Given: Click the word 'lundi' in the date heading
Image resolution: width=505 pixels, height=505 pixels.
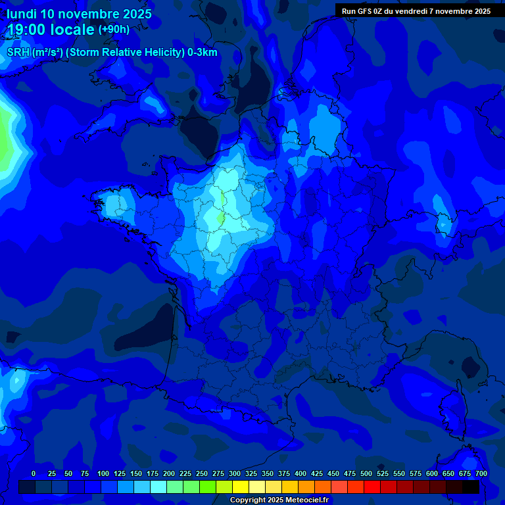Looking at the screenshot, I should click(x=22, y=14).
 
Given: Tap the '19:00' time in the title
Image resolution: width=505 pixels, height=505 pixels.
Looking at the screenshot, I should click(x=26, y=30).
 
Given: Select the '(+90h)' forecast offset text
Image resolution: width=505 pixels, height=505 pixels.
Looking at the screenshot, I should click(x=114, y=30).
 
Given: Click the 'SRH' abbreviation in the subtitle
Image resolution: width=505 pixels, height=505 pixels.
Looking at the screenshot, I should click(x=18, y=53).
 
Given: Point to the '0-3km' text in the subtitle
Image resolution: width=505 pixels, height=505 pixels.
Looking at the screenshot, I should click(x=203, y=53).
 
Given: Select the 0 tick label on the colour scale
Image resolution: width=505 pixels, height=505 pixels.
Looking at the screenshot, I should click(x=34, y=473).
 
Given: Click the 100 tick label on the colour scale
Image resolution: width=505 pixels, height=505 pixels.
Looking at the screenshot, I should click(x=103, y=473).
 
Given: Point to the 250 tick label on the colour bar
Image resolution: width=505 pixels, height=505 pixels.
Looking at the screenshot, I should click(x=202, y=473).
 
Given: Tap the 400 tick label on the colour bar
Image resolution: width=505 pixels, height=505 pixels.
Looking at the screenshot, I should click(x=301, y=473).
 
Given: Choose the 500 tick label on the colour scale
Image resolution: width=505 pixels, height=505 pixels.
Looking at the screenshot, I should click(x=366, y=473).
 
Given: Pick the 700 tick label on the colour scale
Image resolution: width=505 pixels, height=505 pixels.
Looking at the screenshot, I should click(x=481, y=473).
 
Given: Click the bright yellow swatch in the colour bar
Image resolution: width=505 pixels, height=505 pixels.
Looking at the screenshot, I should click(x=241, y=487).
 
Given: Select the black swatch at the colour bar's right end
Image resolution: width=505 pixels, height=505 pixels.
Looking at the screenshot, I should click(x=471, y=487).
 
